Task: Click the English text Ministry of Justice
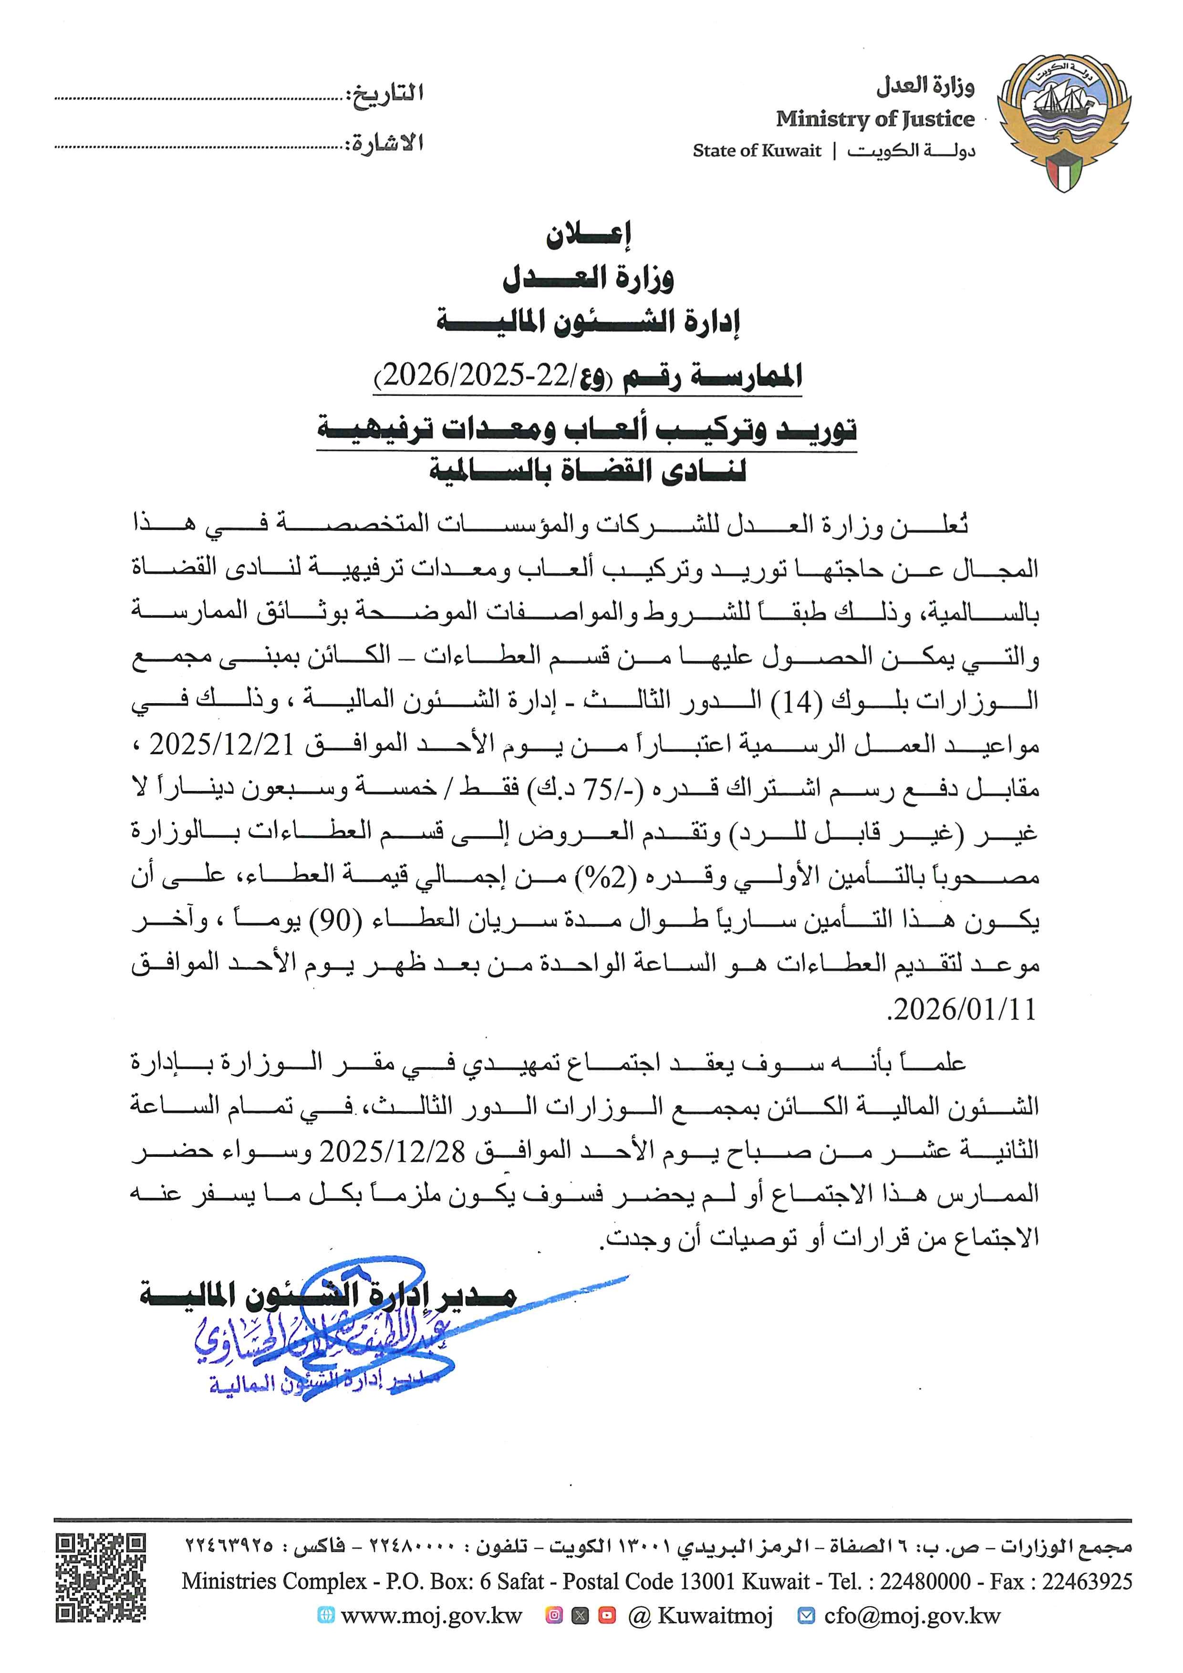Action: [x=874, y=119]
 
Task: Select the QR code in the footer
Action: [x=101, y=1576]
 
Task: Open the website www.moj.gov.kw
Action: [x=431, y=1616]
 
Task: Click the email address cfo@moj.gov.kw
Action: [x=912, y=1616]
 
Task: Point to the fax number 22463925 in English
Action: [x=1087, y=1581]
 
